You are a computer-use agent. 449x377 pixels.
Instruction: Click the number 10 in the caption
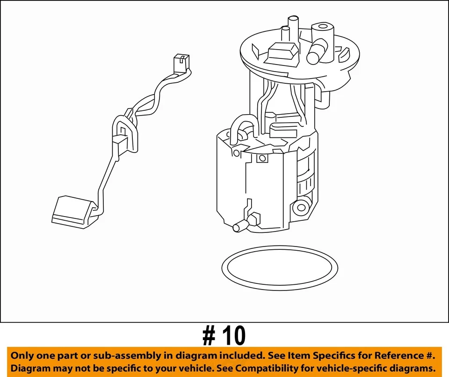pos(233,335)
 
